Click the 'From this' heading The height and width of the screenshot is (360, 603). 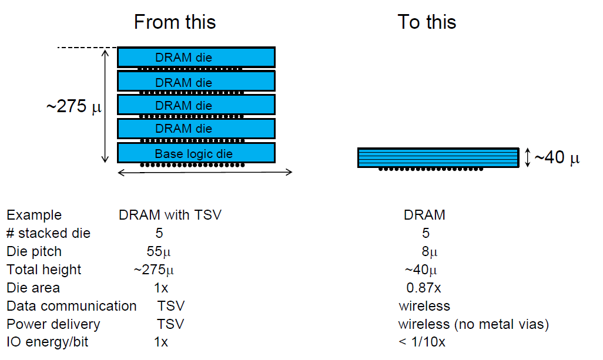(175, 22)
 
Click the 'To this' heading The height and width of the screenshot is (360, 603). (427, 22)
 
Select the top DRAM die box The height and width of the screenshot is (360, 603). (196, 57)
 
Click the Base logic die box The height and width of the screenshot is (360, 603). (196, 153)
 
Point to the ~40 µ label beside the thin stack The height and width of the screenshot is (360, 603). (557, 158)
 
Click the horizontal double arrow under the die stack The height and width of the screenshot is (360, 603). (205, 172)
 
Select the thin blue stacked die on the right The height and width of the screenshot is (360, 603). (438, 157)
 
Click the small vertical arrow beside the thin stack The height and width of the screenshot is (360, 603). (527, 157)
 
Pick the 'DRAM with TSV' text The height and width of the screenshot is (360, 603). (170, 215)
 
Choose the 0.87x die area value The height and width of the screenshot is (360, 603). (424, 288)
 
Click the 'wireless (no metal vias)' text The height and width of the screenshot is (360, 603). (473, 324)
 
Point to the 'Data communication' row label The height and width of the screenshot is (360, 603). (72, 306)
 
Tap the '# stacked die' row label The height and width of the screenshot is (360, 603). (49, 233)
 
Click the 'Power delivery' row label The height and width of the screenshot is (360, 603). (53, 324)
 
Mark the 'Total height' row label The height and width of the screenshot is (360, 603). (44, 270)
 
